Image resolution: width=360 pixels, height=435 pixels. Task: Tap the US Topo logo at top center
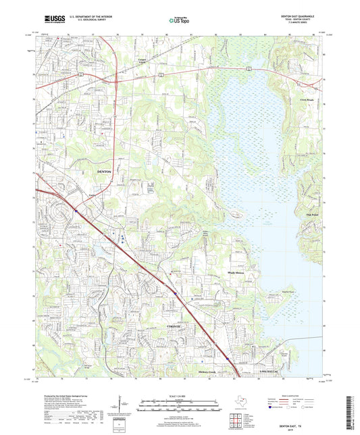(180, 21)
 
